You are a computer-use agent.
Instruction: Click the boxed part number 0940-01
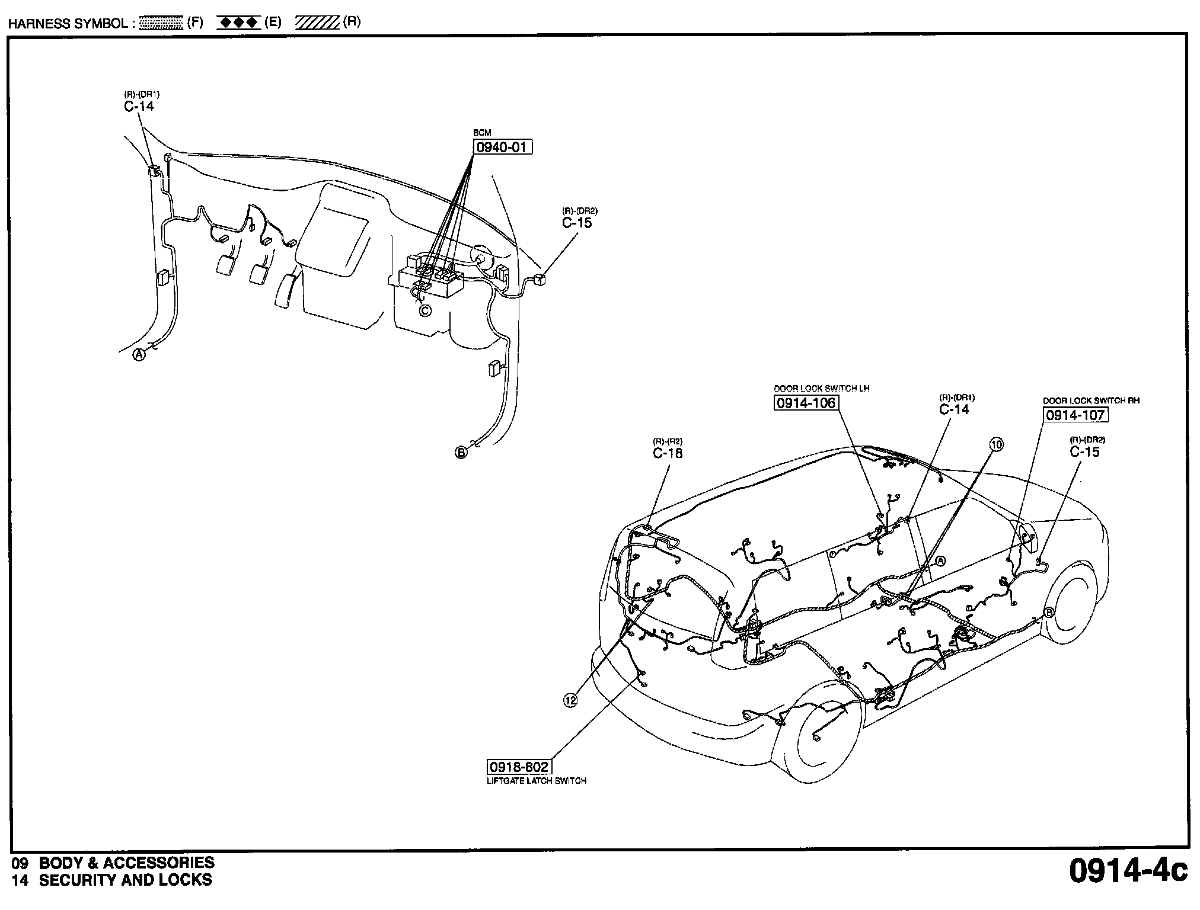[x=502, y=148]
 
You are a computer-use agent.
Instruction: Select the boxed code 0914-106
[x=806, y=403]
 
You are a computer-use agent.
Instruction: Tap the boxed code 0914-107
[x=1075, y=415]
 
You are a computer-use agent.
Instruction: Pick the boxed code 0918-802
[x=518, y=767]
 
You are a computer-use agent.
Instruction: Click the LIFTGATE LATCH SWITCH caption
[x=536, y=781]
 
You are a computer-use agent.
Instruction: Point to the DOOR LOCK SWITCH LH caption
[x=821, y=389]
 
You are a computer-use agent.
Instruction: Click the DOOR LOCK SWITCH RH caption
[x=1091, y=401]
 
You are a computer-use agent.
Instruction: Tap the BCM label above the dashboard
[x=481, y=133]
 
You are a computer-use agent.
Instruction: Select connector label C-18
[x=668, y=453]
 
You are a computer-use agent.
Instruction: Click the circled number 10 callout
[x=997, y=444]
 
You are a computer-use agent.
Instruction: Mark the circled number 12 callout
[x=570, y=700]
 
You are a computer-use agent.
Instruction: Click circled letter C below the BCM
[x=425, y=310]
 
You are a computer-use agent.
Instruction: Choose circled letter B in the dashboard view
[x=461, y=453]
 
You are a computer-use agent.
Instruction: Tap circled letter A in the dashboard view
[x=139, y=355]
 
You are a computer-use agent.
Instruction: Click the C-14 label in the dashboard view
[x=139, y=106]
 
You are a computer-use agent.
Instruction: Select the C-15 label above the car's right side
[x=1084, y=452]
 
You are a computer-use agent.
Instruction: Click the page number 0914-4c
[x=1128, y=871]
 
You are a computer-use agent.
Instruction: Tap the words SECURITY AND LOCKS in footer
[x=125, y=880]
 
